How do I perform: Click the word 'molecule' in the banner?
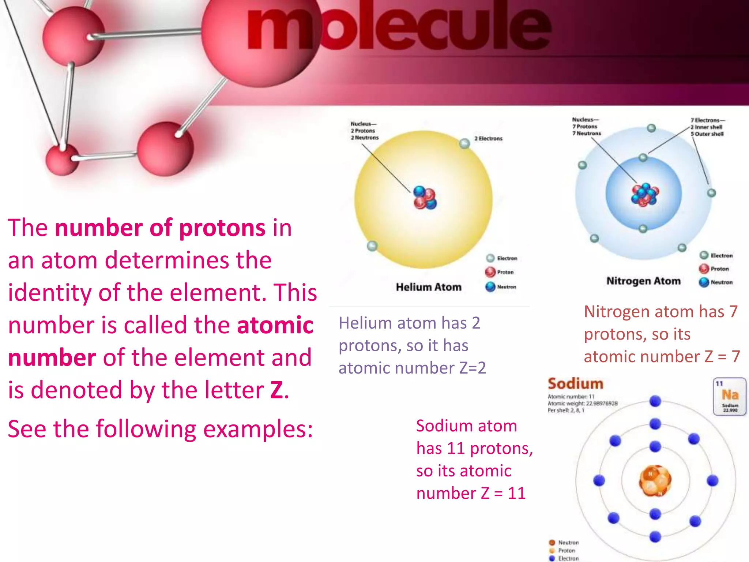coord(399,27)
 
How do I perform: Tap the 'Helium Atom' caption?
coord(428,287)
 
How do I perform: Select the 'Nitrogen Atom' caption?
coord(643,281)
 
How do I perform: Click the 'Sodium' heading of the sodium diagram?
coord(575,384)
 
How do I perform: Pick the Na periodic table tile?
coord(730,396)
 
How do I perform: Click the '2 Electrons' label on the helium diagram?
coord(488,139)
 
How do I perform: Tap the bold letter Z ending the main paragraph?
coord(276,390)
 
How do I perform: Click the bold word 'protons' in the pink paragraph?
coord(222,228)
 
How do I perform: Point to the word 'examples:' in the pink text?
coord(258,429)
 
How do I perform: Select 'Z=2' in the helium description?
coord(472,368)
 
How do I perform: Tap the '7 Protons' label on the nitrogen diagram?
coord(585,127)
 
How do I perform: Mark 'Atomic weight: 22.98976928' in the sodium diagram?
coord(582,404)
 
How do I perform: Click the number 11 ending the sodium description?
coord(516,494)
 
